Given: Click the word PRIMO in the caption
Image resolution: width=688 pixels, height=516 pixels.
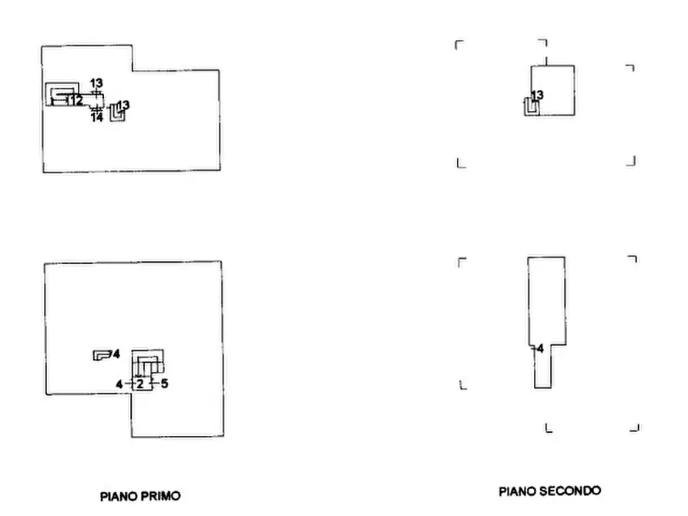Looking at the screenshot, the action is pos(160,496).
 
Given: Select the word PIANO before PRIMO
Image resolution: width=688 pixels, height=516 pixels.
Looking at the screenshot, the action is pos(119,496).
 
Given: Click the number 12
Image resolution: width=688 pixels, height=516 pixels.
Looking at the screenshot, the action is pos(76,100).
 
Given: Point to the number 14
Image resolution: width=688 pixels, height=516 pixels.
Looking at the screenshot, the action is pos(97,117).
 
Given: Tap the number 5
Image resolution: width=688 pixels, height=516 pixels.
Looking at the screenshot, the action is pos(165,384).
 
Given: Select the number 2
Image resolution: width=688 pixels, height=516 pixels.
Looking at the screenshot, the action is pos(140,384).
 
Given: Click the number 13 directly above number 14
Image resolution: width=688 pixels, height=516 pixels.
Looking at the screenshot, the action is pos(96,83).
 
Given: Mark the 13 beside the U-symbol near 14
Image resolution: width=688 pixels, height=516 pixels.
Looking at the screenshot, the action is pos(123,106).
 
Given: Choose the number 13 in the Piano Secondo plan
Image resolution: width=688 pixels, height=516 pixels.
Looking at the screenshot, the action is pos(538,95).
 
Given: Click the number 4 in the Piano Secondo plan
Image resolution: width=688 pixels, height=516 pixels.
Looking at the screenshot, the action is pos(540,348).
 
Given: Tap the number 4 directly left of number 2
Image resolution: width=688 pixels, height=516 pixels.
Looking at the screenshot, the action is pos(119,384).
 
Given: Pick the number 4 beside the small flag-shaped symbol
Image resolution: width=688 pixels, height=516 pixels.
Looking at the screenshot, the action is pos(116,353).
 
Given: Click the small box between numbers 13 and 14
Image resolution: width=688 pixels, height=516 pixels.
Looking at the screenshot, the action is pos(97,101).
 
